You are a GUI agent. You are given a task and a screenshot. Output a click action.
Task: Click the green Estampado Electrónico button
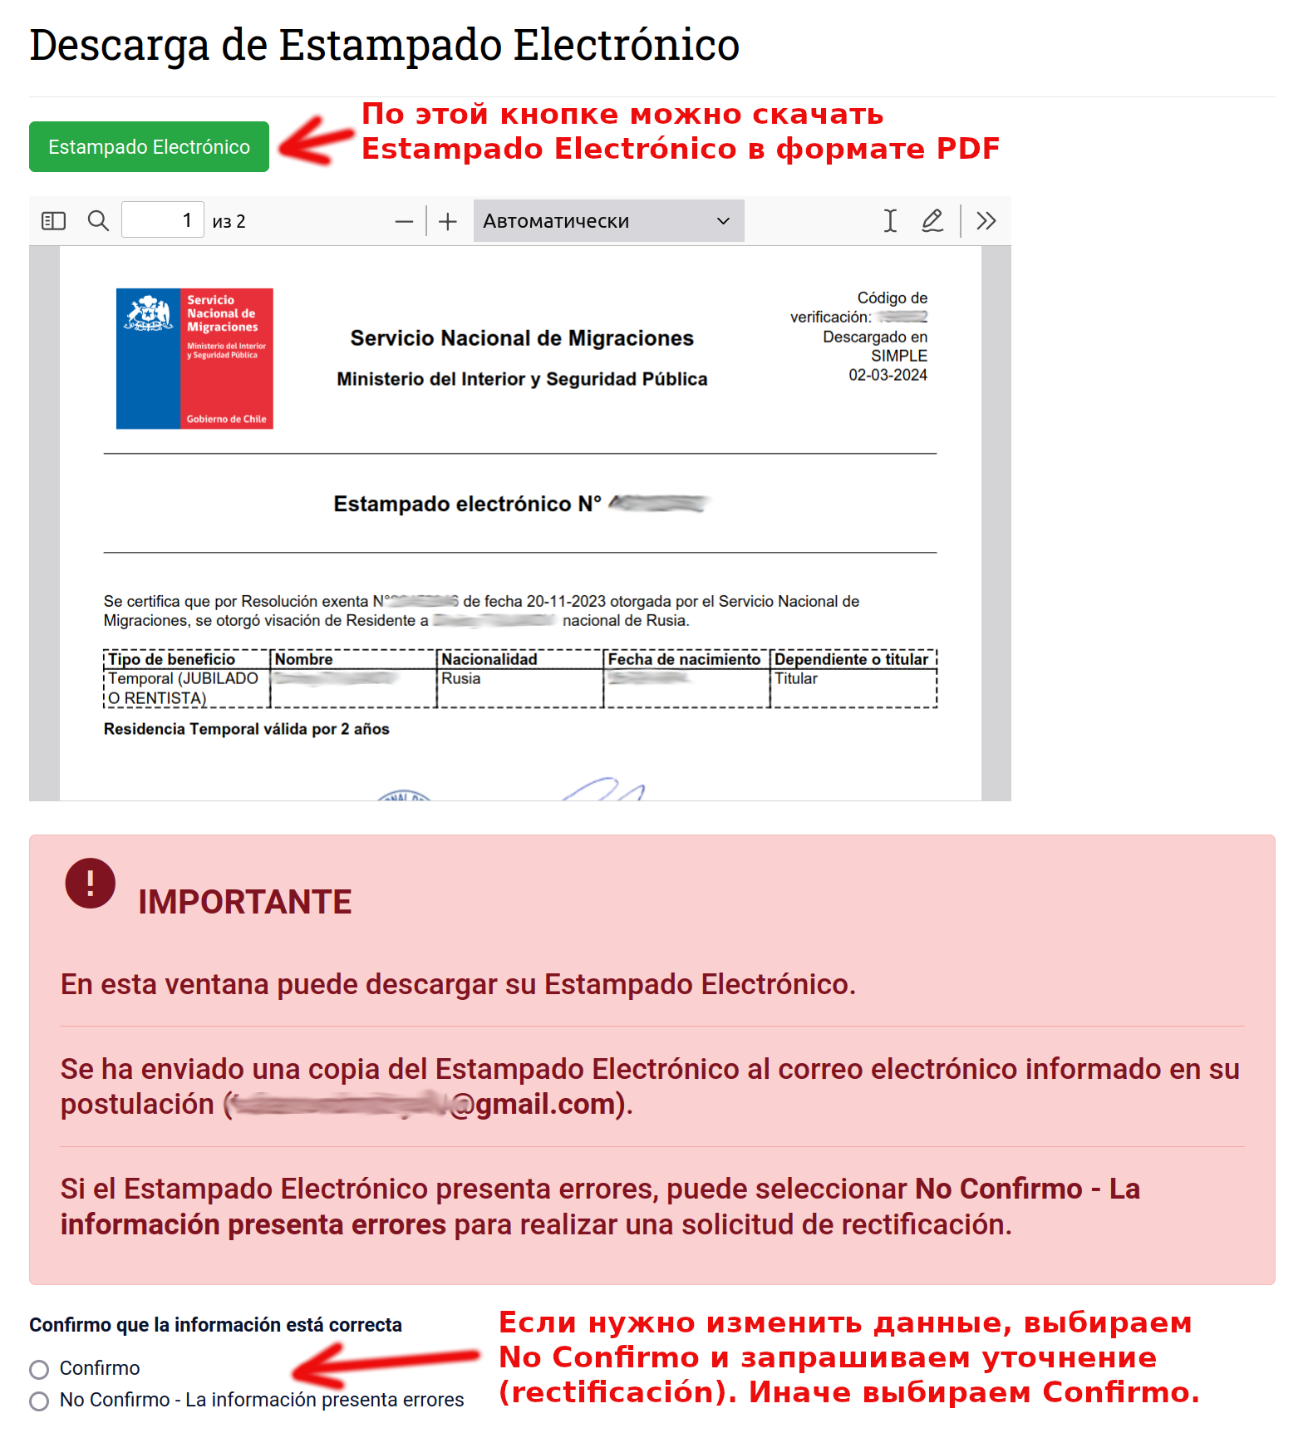point(149,147)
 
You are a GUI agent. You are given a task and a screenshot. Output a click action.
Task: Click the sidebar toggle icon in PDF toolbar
point(53,221)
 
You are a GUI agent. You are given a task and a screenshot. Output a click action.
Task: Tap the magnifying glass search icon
point(98,221)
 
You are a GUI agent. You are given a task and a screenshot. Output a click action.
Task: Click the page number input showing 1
point(162,221)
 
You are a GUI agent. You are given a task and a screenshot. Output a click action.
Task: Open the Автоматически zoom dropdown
point(607,221)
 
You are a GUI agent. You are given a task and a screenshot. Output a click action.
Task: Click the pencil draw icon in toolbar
point(932,221)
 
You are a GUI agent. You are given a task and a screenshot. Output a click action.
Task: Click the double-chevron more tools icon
point(986,221)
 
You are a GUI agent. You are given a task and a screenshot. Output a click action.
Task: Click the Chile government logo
point(194,358)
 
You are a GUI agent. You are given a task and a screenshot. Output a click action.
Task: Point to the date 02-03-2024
point(887,375)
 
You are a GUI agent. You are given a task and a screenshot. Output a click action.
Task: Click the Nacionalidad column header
point(489,659)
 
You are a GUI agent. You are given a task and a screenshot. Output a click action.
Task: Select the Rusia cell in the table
point(461,678)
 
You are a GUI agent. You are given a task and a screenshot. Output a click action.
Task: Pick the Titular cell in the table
point(796,678)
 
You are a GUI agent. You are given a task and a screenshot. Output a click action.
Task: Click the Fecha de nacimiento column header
point(684,659)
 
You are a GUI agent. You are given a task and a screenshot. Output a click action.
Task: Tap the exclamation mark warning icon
point(90,883)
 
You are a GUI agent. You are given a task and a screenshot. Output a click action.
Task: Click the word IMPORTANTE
point(244,902)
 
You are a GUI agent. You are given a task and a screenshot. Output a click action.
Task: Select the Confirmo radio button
point(39,1369)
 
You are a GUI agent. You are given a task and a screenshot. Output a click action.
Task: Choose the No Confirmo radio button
point(39,1401)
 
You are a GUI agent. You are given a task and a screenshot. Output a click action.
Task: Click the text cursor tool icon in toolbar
point(890,221)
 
